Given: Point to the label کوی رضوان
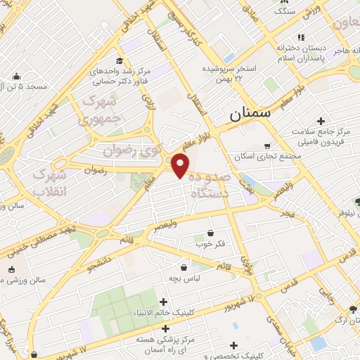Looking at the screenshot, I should click(130, 149).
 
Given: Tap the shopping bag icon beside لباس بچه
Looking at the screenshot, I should click(184, 267).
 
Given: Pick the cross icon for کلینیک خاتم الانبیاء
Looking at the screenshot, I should click(163, 302).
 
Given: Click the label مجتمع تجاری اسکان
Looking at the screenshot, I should click(263, 156).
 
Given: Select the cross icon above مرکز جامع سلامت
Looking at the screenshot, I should click(321, 122).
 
